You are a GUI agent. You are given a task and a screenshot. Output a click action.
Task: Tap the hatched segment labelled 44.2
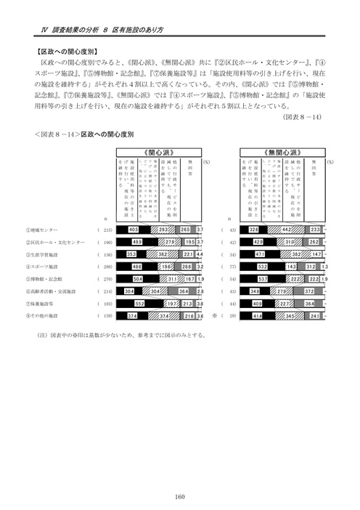click(285, 230)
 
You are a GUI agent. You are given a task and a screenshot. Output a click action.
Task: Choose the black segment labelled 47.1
click(258, 255)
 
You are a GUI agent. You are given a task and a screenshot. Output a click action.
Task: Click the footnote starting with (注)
click(116, 335)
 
